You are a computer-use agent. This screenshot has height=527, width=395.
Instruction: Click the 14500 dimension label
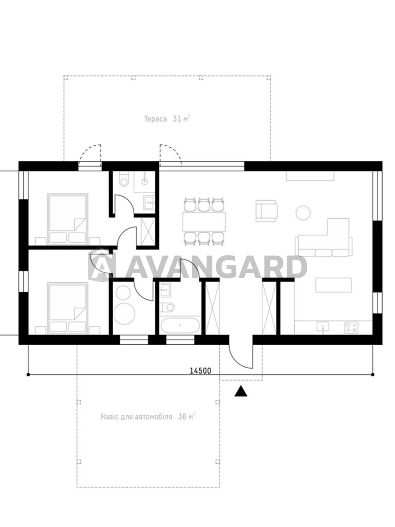pos(201,371)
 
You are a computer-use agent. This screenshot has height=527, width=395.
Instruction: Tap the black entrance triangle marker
pos(241,391)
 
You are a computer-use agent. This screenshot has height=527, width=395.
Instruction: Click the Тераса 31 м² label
pos(167,119)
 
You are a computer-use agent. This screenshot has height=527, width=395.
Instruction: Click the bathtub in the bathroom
pos(180,325)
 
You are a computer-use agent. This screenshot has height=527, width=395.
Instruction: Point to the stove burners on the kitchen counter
pos(352,328)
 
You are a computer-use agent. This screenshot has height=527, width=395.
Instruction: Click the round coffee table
pos(303,213)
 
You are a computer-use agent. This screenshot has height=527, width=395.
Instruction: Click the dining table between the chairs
pos(204,221)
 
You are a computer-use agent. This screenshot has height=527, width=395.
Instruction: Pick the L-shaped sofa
pos(324,237)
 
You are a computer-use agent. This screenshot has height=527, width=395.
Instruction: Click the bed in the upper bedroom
pos(68,219)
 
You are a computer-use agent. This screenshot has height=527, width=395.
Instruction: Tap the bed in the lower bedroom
pos(68,308)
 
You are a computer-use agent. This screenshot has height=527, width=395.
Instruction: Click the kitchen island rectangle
pos(334,285)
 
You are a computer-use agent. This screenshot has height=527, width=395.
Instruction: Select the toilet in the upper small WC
pos(124,180)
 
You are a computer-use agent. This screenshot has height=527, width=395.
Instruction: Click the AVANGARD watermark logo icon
pos(102,264)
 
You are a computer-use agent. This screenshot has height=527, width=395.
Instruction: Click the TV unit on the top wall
pos(310,176)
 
